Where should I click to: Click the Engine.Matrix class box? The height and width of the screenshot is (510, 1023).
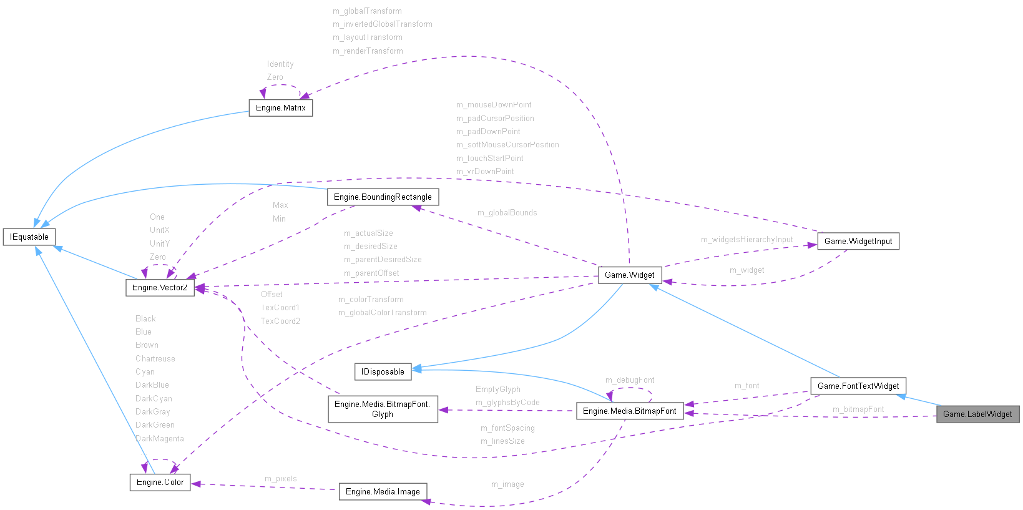pyautogui.click(x=280, y=108)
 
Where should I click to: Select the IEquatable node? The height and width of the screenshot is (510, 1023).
pyautogui.click(x=29, y=237)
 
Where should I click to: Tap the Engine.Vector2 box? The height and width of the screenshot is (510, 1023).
pyautogui.click(x=160, y=288)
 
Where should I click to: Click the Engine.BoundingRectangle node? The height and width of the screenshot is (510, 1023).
pyautogui.click(x=383, y=197)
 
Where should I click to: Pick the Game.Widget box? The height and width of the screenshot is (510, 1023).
pyautogui.click(x=629, y=275)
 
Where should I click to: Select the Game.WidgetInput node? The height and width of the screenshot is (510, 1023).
pyautogui.click(x=858, y=242)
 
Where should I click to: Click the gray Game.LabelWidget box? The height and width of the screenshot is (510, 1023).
pyautogui.click(x=977, y=414)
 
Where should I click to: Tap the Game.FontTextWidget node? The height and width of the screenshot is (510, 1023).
pyautogui.click(x=858, y=386)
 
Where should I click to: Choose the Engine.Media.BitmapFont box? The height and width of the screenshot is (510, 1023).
pyautogui.click(x=629, y=411)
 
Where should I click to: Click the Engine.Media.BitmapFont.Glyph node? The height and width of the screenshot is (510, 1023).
pyautogui.click(x=383, y=409)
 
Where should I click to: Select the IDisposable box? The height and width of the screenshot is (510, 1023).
pyautogui.click(x=383, y=372)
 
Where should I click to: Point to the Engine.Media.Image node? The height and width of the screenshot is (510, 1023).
pyautogui.click(x=383, y=492)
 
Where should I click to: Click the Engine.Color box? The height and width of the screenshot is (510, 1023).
pyautogui.click(x=160, y=483)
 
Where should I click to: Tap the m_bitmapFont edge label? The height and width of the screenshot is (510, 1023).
pyautogui.click(x=858, y=409)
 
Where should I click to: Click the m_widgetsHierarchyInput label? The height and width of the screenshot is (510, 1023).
pyautogui.click(x=746, y=240)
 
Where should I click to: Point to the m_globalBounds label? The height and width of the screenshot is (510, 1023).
pyautogui.click(x=507, y=213)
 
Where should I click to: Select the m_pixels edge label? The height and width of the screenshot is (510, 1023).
pyautogui.click(x=280, y=479)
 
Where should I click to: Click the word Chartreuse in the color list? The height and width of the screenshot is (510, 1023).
pyautogui.click(x=155, y=359)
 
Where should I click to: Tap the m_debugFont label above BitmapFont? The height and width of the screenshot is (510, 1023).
pyautogui.click(x=629, y=380)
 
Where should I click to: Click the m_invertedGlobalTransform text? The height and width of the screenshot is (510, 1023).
pyautogui.click(x=382, y=24)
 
